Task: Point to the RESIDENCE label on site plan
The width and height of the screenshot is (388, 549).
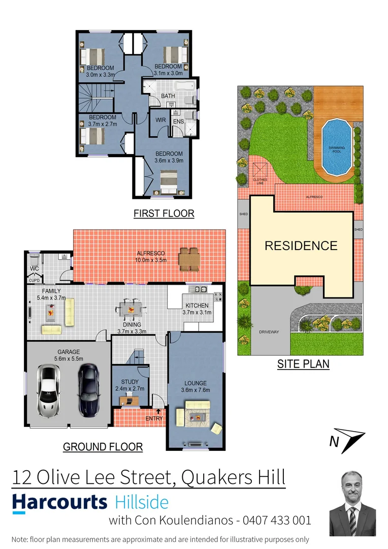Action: click(x=301, y=246)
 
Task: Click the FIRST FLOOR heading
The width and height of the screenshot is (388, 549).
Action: click(x=164, y=213)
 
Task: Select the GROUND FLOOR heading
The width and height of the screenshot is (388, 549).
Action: click(x=103, y=447)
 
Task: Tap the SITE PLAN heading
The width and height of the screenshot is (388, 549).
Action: click(x=303, y=364)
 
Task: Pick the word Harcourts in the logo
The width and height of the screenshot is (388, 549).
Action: click(x=60, y=502)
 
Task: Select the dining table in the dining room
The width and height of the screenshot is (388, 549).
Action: click(x=131, y=309)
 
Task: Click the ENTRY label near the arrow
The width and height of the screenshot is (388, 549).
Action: click(x=154, y=418)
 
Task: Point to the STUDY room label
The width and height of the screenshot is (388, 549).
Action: click(x=130, y=382)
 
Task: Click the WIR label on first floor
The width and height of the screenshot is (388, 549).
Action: click(x=160, y=120)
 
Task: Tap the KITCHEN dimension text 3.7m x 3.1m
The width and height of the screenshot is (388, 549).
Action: click(x=197, y=313)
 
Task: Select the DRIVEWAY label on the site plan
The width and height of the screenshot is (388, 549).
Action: click(x=269, y=332)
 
